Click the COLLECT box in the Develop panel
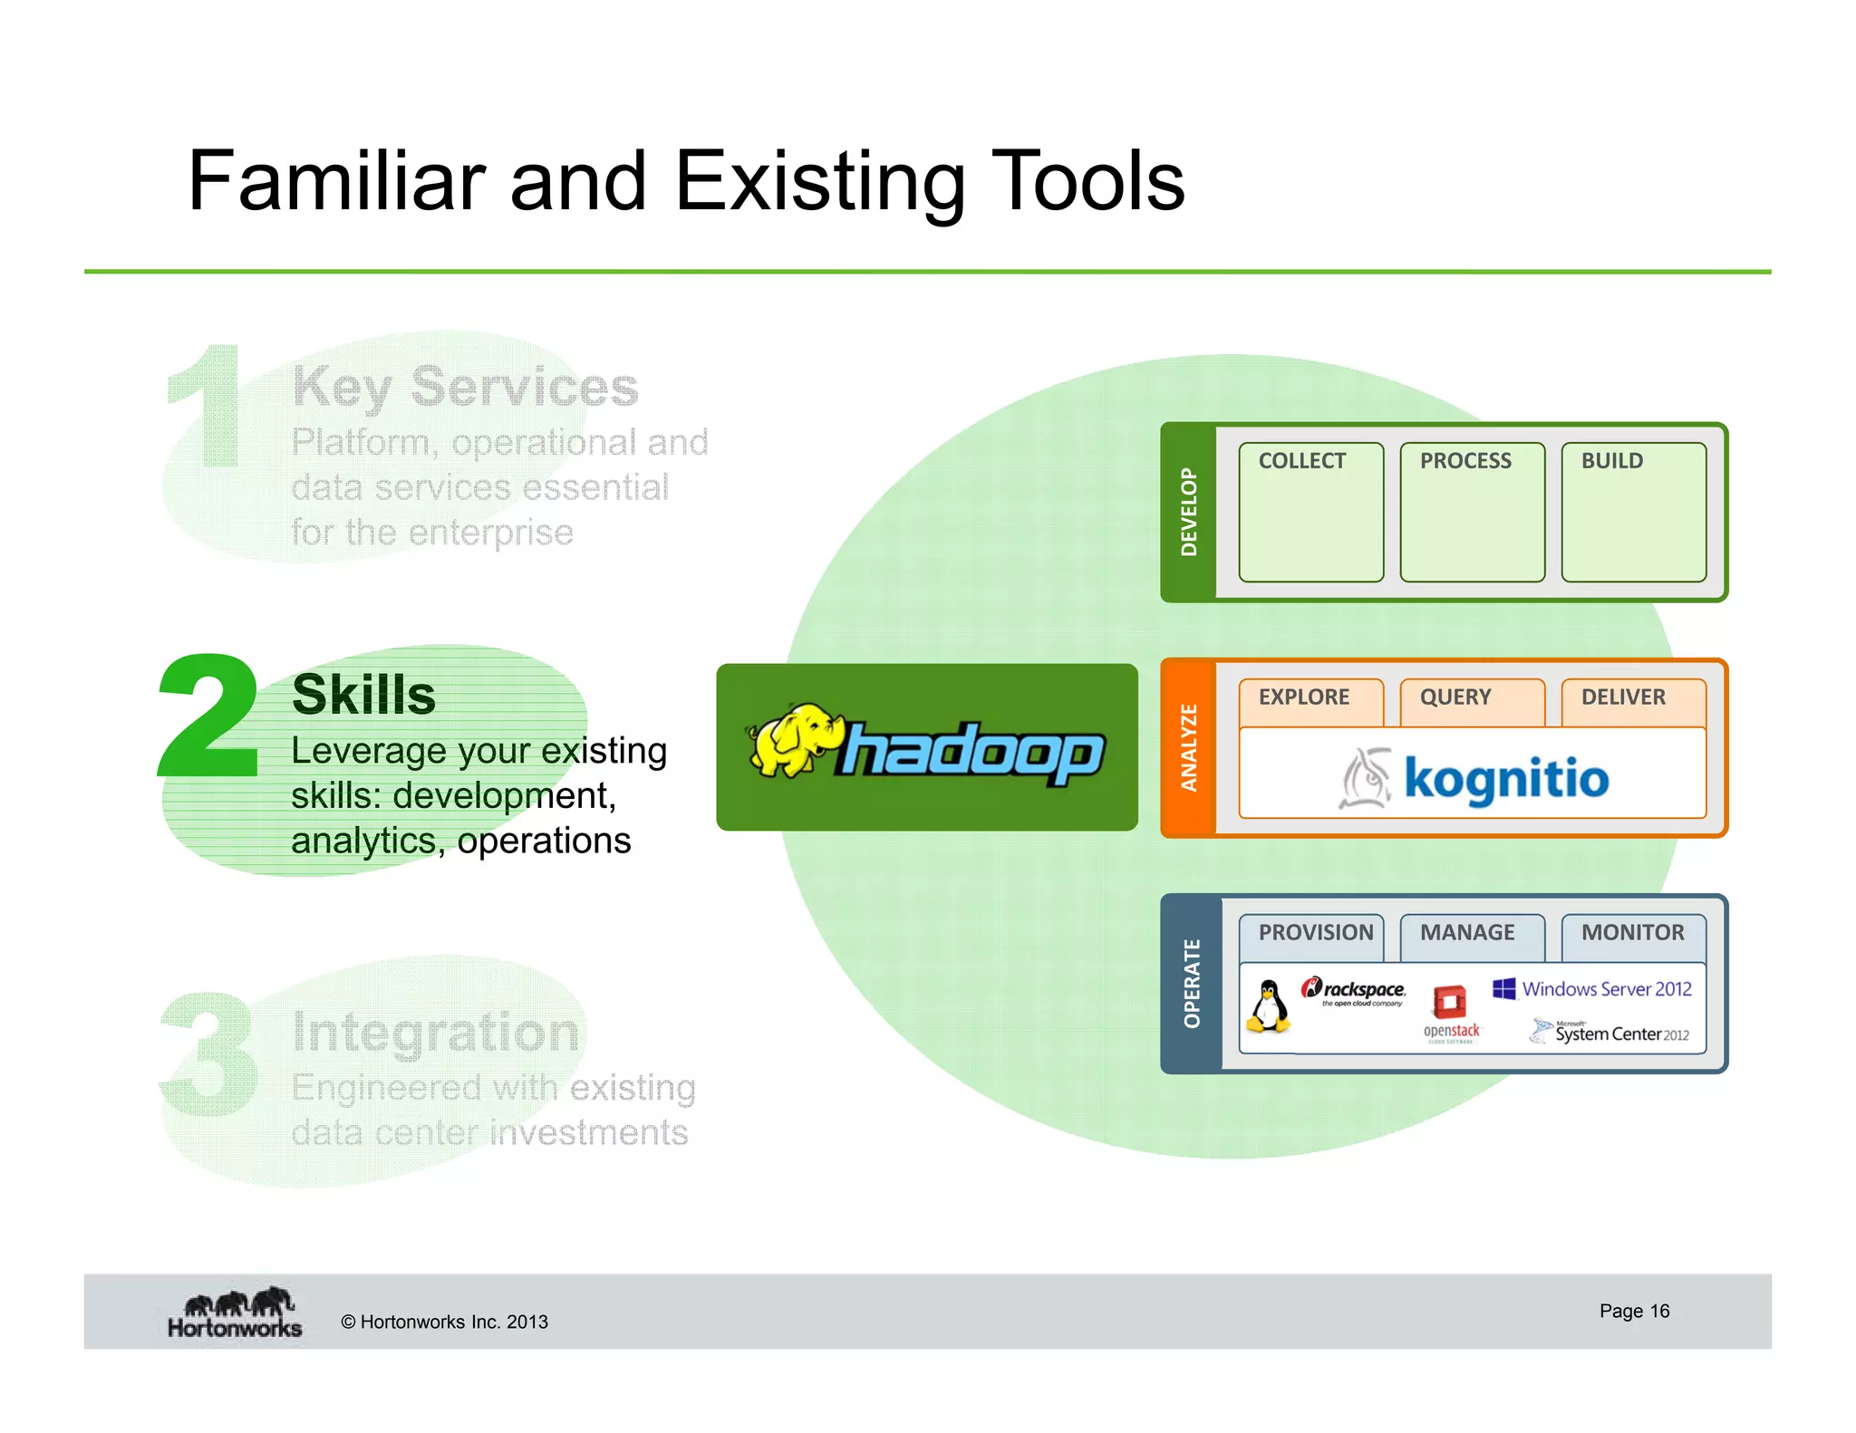1310,512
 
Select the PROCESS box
1472,512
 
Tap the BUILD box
1633,512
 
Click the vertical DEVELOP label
1188,512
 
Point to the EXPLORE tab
1310,698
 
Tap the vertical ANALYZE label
1188,748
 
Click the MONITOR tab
1632,934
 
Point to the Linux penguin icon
1269,1006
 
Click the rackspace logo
1354,991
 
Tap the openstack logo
1451,1013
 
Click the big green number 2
209,716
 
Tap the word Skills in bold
363,695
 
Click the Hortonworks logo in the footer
235,1313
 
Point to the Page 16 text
1633,1311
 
